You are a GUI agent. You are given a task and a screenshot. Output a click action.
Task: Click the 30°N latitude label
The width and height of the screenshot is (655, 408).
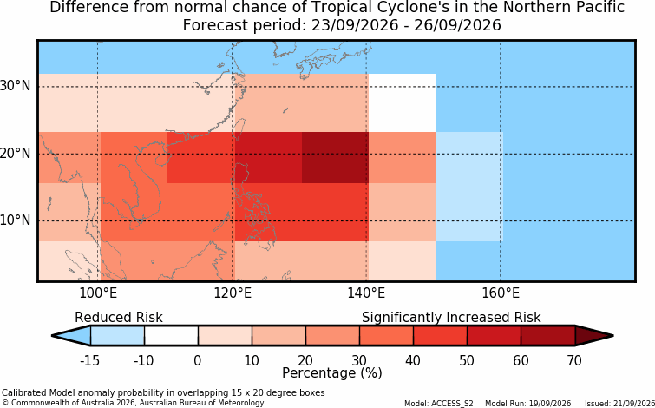click(16, 86)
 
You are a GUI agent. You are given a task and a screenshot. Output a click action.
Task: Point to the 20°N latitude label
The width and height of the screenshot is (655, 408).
click(16, 154)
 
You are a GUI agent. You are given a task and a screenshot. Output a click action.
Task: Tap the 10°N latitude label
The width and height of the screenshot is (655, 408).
click(16, 220)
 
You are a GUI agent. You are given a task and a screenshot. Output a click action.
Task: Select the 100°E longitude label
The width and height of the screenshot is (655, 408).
click(99, 293)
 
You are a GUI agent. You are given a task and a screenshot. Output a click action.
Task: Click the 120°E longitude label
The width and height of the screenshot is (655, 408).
click(233, 293)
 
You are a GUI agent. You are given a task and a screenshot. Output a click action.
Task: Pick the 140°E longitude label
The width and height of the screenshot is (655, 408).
click(366, 293)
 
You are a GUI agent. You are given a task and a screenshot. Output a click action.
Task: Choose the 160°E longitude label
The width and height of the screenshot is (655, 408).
click(501, 293)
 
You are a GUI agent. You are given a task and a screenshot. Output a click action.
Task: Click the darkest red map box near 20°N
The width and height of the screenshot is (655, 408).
click(335, 158)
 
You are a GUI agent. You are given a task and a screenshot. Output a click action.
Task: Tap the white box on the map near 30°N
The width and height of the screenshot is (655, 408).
click(403, 102)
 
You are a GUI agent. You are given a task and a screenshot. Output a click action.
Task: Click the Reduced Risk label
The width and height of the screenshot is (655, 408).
click(119, 318)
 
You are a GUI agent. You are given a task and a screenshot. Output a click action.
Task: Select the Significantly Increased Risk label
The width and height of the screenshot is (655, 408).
click(451, 318)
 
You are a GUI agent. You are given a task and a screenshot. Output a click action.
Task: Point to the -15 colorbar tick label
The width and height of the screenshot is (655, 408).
click(90, 360)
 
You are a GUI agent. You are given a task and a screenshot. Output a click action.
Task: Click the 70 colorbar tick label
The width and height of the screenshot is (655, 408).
click(575, 360)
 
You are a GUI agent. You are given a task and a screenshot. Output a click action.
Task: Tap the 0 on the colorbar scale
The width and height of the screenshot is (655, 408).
click(198, 360)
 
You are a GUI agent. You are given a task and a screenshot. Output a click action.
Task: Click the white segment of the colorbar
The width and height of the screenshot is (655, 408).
click(171, 336)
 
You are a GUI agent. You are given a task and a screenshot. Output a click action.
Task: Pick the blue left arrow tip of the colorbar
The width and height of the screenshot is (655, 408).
click(53, 336)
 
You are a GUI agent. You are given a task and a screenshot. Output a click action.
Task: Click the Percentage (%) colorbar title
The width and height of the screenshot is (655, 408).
click(332, 372)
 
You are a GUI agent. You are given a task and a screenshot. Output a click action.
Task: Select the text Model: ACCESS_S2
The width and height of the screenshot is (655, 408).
click(439, 404)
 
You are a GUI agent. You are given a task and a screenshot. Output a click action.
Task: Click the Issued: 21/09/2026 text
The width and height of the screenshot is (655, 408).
click(619, 404)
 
